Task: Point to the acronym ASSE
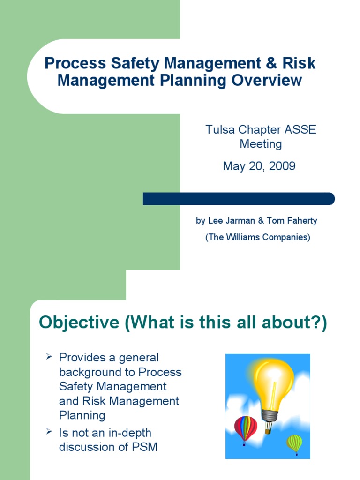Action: [302, 130]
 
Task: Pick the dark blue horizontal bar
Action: [239, 199]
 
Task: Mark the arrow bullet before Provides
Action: [48, 358]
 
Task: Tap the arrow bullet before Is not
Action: [48, 433]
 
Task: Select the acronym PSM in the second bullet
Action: [145, 447]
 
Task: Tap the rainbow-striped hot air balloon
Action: [246, 427]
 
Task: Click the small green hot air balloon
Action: [294, 442]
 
